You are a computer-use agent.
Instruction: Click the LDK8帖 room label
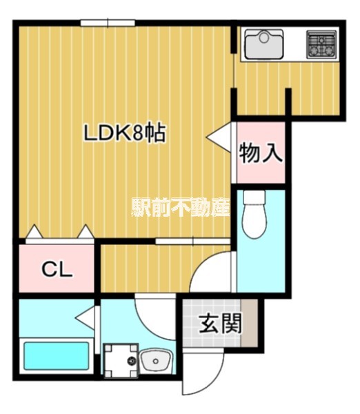(124, 133)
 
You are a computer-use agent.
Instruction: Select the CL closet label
(57, 269)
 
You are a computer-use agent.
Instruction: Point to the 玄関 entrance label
(221, 324)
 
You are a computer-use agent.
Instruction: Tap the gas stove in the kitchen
(321, 45)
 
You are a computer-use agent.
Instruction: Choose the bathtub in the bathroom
(57, 356)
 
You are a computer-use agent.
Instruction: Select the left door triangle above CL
(32, 233)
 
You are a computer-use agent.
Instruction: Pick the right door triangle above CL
(86, 233)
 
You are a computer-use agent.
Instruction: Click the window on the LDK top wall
(107, 23)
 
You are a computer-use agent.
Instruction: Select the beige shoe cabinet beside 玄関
(255, 324)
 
